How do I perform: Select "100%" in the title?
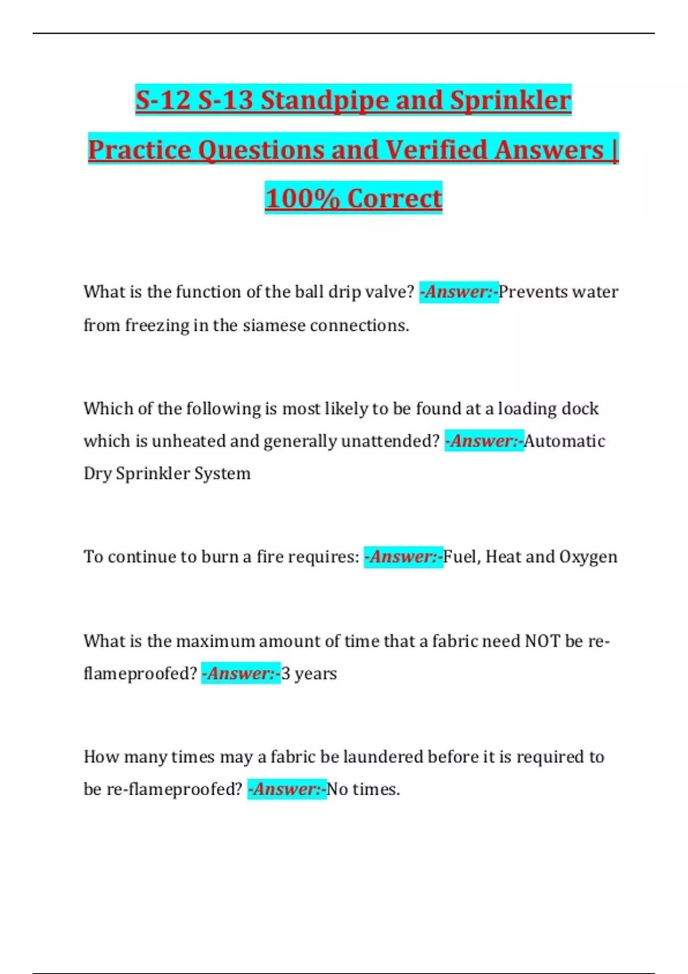302,198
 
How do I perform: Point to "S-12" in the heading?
162,100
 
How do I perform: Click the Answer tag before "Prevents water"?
459,292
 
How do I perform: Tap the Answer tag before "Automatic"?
484,441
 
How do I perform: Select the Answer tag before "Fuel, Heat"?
404,557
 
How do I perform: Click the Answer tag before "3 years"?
241,673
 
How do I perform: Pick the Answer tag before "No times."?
287,790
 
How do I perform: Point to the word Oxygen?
588,557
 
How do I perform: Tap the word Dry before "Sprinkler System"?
97,474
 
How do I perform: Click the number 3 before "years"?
286,673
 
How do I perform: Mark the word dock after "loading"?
580,409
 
